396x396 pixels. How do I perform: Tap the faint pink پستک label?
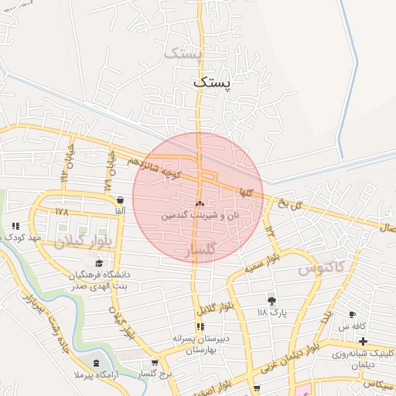(183, 54)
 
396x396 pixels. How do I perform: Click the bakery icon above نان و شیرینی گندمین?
(200, 203)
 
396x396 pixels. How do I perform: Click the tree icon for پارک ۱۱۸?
(271, 300)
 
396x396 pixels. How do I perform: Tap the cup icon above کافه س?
(353, 315)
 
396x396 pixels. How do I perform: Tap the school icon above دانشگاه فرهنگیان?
(97, 264)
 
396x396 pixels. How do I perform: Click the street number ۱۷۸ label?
(62, 211)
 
